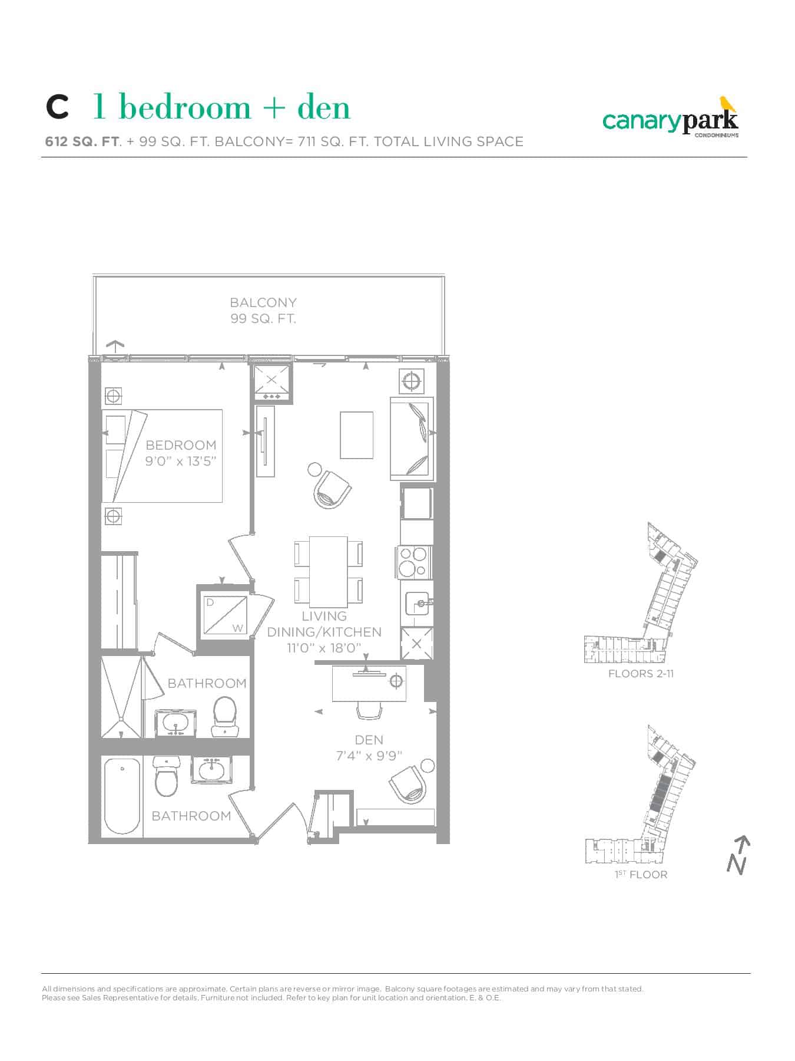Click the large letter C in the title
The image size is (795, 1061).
57,108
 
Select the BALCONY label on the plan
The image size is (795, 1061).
263,302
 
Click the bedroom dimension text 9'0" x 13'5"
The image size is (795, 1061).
181,461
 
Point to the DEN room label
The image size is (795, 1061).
369,740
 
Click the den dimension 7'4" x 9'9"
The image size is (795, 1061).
369,756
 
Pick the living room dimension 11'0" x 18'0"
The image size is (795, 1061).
324,648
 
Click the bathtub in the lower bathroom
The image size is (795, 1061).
122,796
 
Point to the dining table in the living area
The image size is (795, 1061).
328,571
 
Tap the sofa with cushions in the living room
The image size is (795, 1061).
412,438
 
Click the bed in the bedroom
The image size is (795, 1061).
163,456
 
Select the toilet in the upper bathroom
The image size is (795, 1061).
224,717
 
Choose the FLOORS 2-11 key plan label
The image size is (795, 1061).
641,674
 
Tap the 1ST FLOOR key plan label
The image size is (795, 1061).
641,875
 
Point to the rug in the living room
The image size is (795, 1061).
356,435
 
